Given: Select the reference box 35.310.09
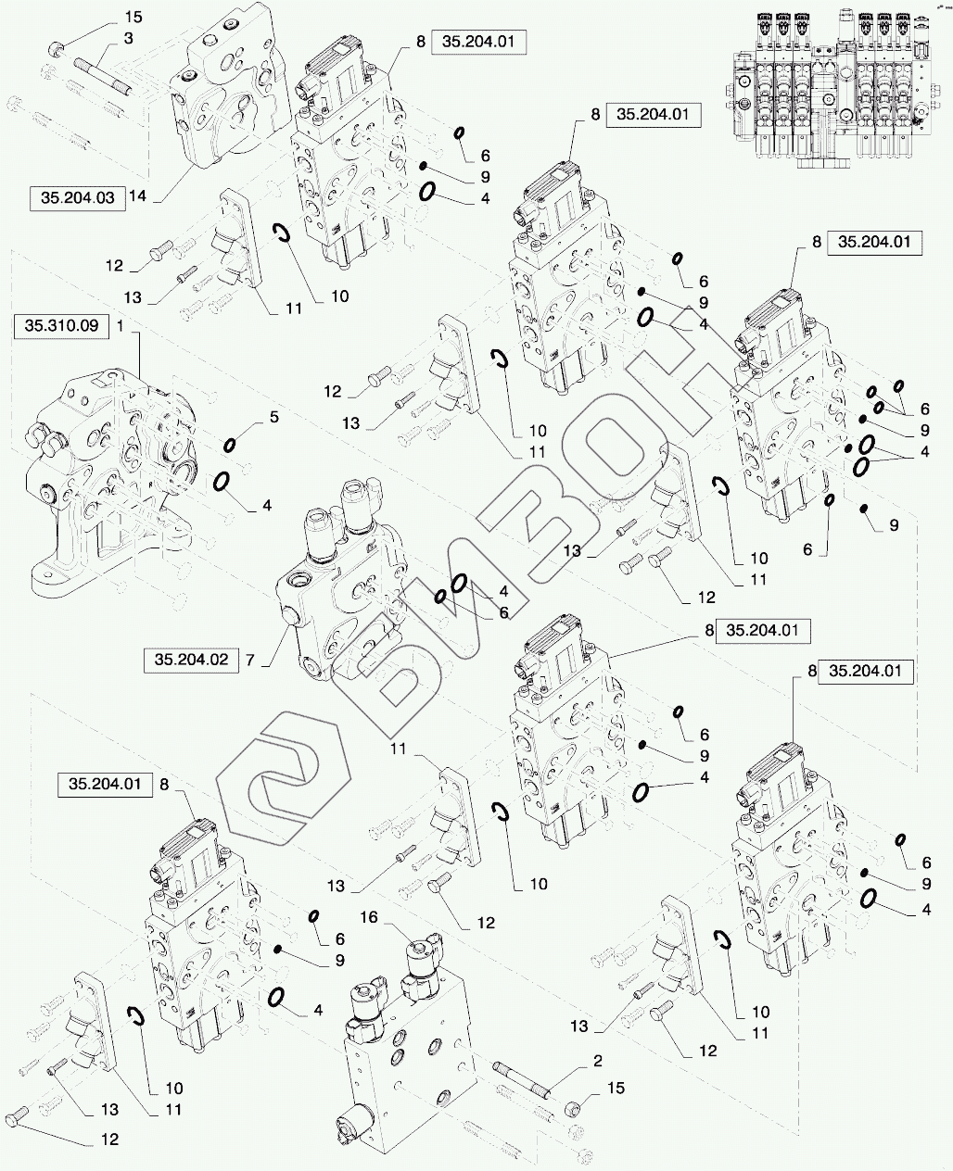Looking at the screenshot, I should coord(61,325).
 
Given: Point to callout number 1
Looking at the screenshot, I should coord(121,325).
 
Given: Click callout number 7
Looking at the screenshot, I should coord(248,661).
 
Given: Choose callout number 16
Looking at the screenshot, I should coord(369,916).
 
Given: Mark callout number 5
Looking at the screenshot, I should coord(273,418).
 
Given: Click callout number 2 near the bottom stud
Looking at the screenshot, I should coord(597,1060).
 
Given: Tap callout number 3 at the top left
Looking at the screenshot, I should coord(128,37).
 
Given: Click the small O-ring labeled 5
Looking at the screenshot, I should coord(229,446).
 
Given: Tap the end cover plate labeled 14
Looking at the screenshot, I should coord(222,102).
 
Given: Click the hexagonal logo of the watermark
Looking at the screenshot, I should coord(283,787).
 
